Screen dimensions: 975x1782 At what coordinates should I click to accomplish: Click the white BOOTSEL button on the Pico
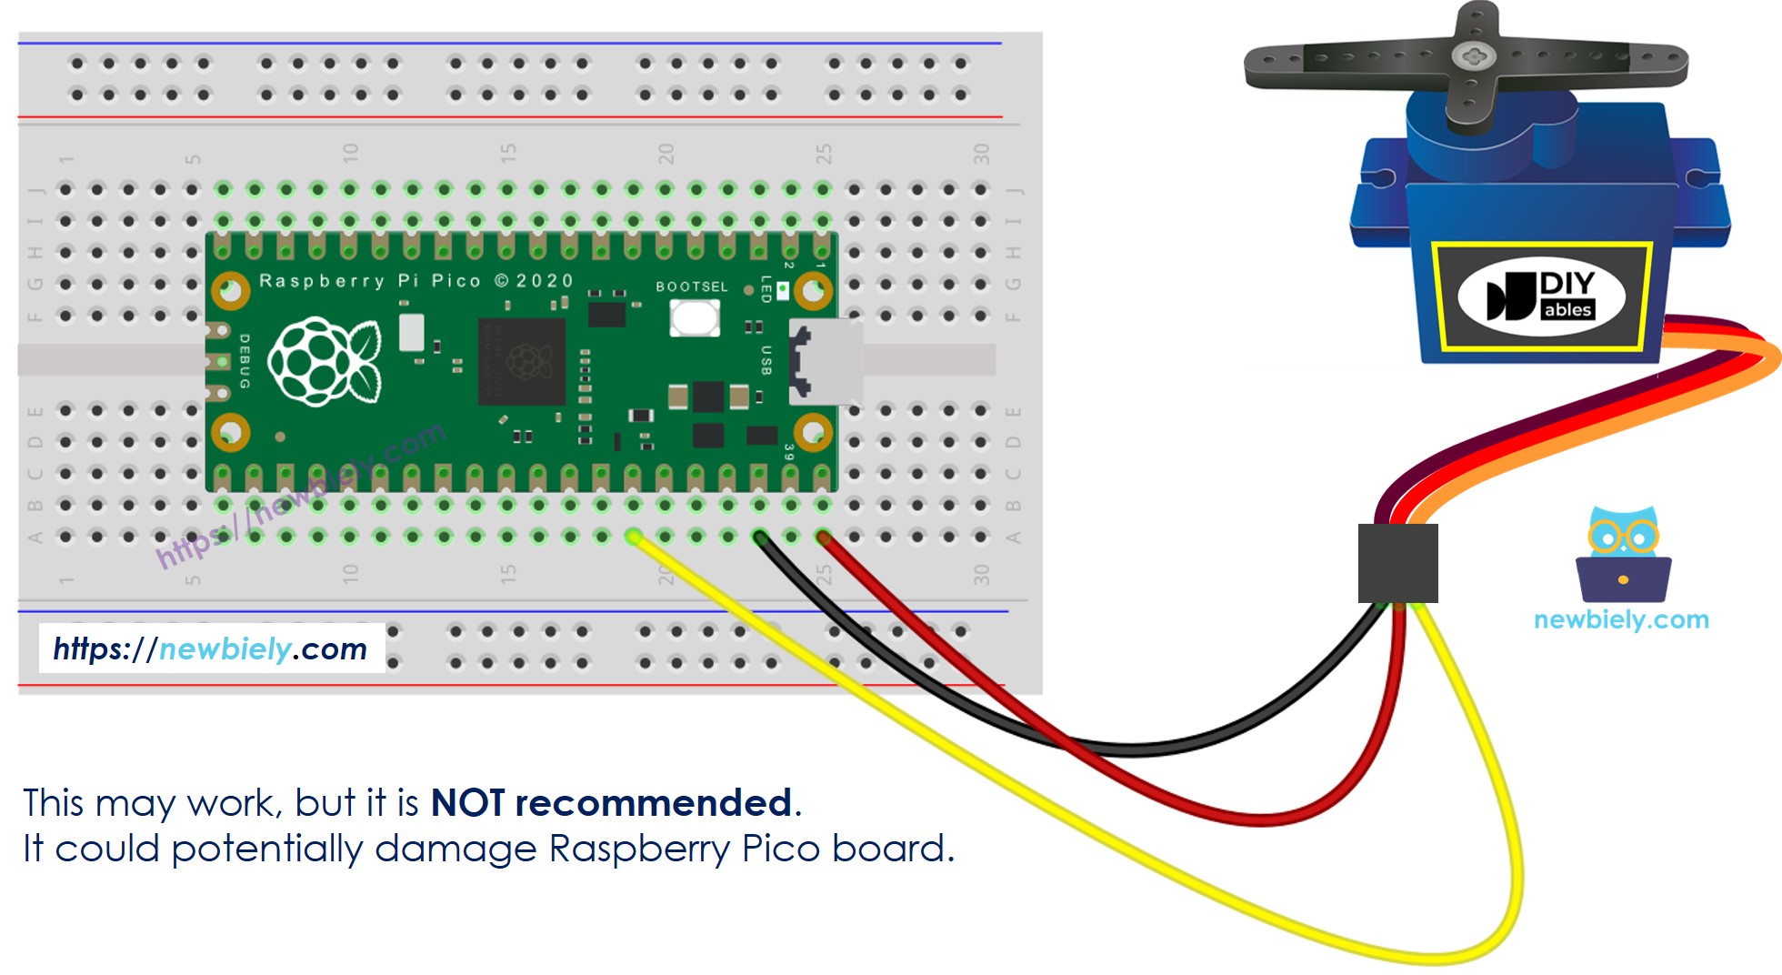(694, 317)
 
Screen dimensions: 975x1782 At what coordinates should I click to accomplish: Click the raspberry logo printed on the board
(324, 361)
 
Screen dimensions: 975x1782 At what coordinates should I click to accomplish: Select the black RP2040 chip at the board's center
(522, 361)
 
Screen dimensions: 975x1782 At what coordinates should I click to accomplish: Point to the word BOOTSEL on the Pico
(692, 286)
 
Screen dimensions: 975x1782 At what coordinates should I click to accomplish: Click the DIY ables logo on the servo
(1540, 296)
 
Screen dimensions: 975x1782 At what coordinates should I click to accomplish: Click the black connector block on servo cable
(1397, 562)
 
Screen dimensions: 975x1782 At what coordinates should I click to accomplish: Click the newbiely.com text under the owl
(1621, 619)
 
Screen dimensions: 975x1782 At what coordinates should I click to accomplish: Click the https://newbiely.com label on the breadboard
(210, 648)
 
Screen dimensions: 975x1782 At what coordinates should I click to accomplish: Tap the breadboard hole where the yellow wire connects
(634, 537)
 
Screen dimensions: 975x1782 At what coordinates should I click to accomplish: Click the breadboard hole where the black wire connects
(759, 537)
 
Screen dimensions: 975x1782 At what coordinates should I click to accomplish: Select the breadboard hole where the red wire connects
(823, 537)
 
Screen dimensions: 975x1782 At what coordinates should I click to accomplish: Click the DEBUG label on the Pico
(244, 361)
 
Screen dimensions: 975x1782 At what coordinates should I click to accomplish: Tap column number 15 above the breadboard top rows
(508, 153)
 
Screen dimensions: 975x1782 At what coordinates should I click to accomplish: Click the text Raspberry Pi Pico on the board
(369, 281)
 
